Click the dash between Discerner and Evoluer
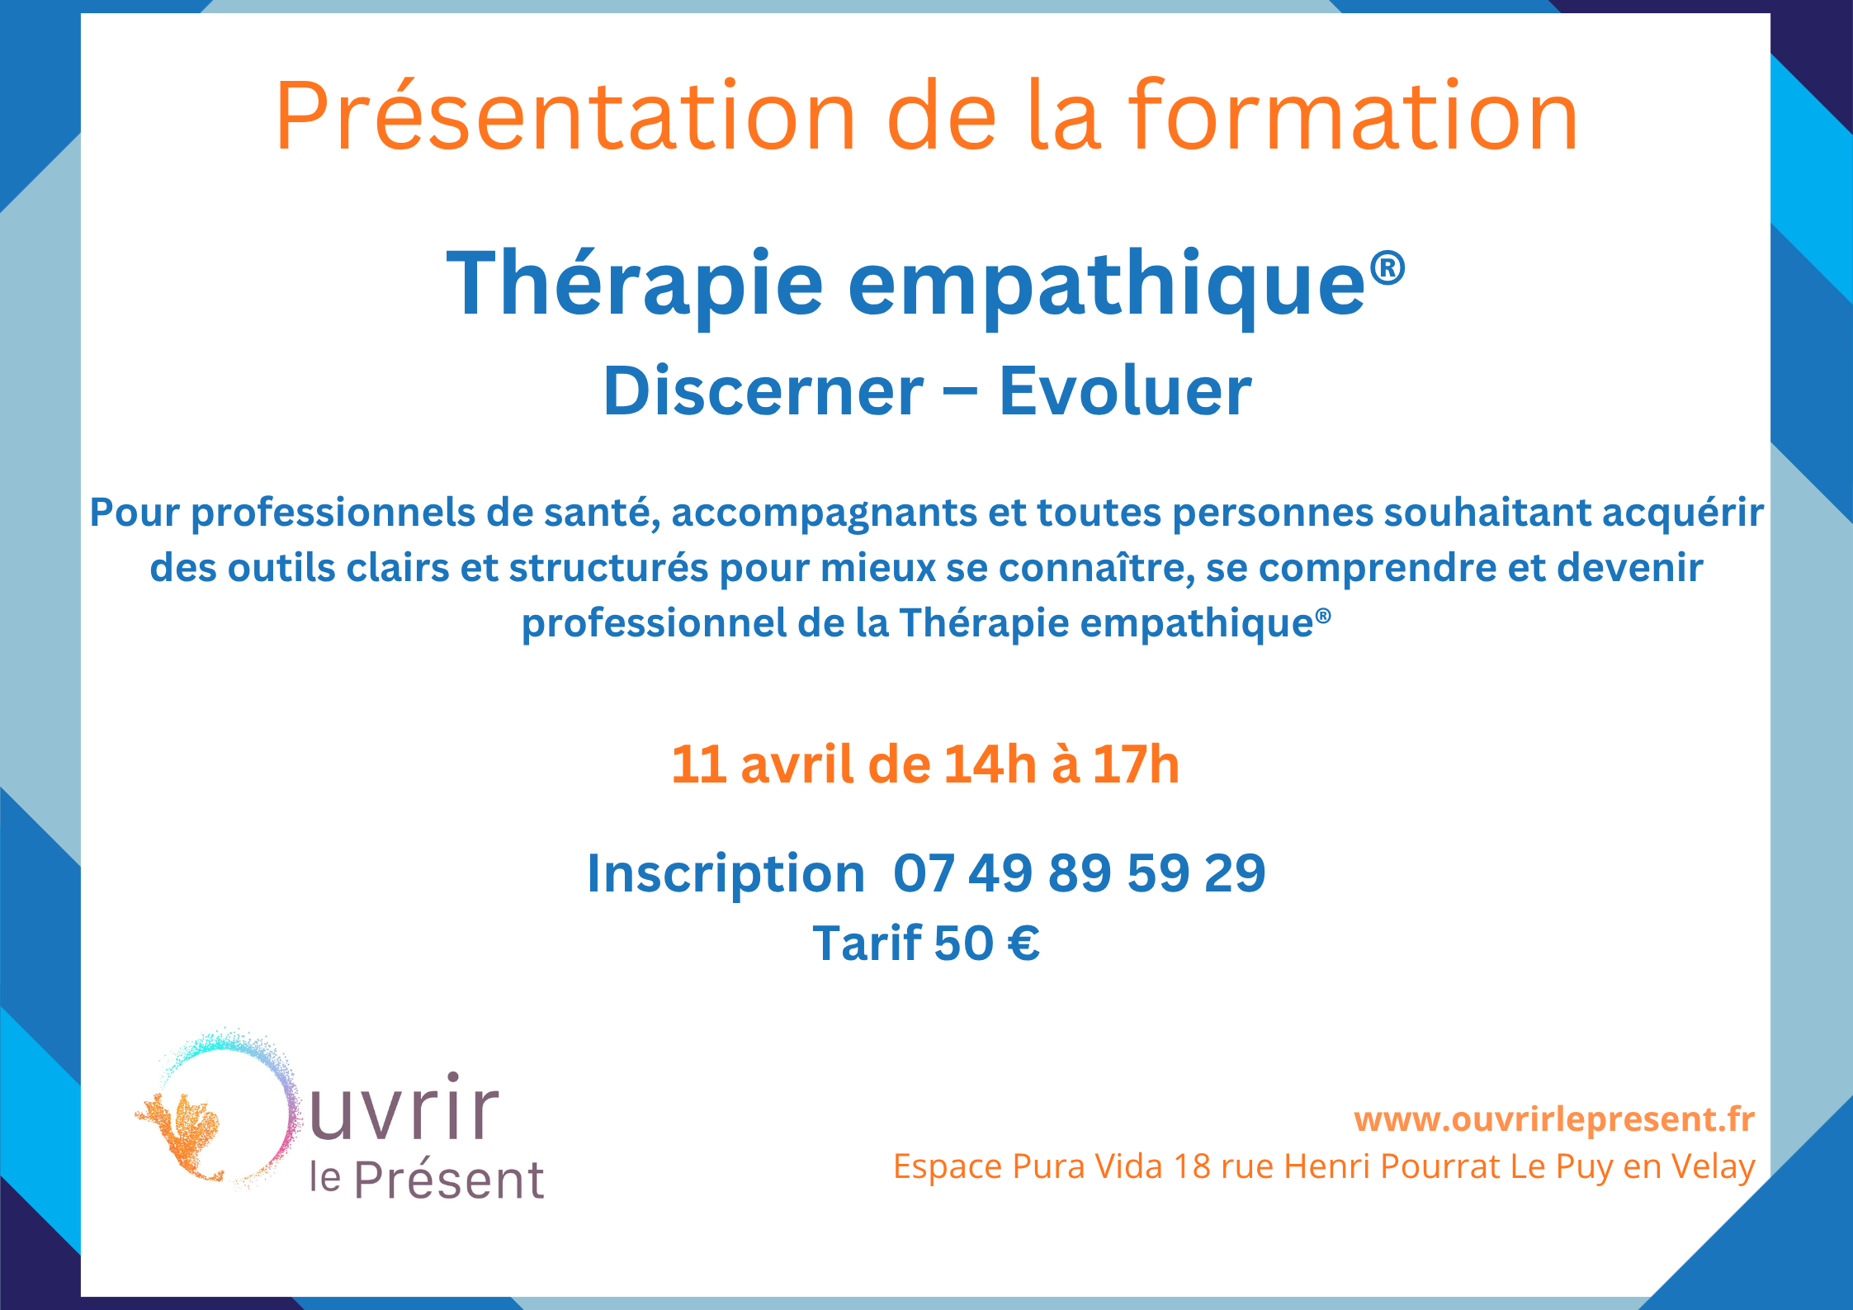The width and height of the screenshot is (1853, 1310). [961, 393]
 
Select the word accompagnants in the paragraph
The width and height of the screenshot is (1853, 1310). [824, 513]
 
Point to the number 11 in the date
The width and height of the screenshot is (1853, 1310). [698, 764]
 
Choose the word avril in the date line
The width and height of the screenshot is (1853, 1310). [797, 764]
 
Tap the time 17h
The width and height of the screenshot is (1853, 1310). [1137, 764]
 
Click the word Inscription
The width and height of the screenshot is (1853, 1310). [726, 873]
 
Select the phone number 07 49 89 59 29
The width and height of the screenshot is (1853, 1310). [1079, 873]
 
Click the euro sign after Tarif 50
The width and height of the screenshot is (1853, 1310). [1023, 943]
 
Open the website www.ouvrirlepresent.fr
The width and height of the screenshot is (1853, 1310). [1554, 1119]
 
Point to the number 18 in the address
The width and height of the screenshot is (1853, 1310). [1192, 1166]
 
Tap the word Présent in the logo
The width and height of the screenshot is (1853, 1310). [449, 1181]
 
